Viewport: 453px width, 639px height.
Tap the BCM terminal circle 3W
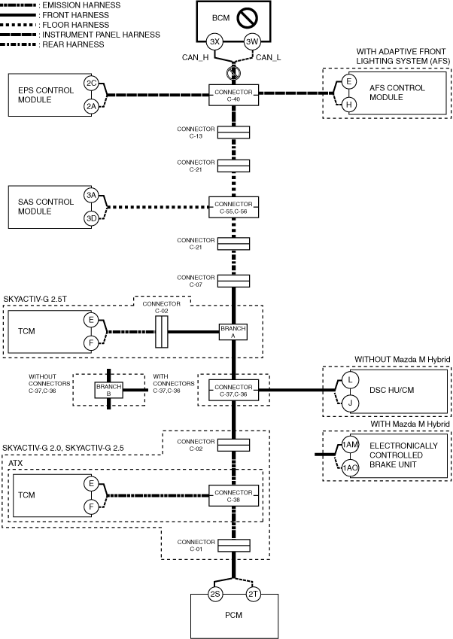251,41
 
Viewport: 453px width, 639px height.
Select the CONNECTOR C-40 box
233,93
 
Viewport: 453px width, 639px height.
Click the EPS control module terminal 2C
91,83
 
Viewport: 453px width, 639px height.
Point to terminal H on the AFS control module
349,105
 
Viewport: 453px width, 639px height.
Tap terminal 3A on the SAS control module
91,195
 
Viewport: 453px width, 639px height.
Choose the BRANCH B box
108,390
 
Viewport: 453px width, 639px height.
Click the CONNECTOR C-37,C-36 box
233,390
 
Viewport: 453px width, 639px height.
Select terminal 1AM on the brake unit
349,446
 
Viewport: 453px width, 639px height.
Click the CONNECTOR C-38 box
233,495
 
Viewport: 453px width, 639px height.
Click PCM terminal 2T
253,594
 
